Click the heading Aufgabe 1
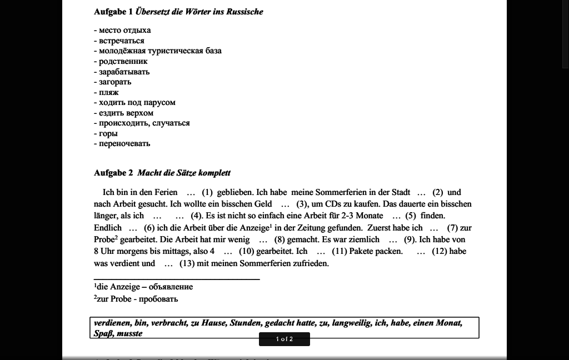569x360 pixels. (178, 12)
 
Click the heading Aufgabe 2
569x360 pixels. (162, 173)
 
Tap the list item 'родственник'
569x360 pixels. (123, 61)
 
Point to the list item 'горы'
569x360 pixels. (108, 133)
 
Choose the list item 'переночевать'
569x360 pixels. (124, 143)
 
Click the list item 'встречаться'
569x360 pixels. (121, 41)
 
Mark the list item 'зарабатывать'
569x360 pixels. (124, 72)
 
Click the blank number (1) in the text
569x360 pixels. (207, 192)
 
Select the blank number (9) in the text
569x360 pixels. (410, 239)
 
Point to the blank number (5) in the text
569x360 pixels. (411, 216)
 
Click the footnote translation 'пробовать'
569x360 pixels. (158, 299)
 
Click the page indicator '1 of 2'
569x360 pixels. (284, 339)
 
